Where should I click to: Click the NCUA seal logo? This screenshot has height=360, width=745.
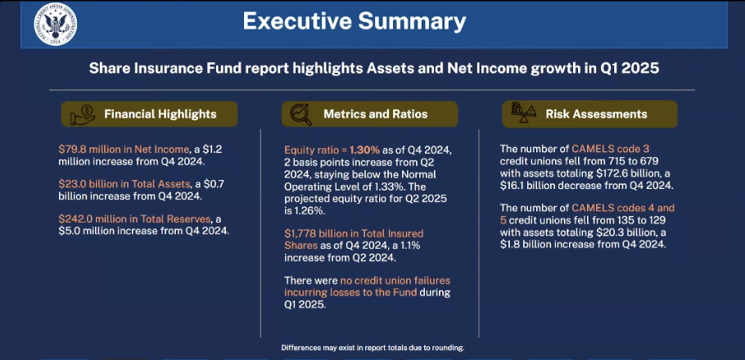click(x=55, y=25)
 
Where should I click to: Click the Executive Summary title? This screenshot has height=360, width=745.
click(x=354, y=22)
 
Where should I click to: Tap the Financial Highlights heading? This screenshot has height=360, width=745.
click(x=160, y=114)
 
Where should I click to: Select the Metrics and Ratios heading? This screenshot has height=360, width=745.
click(x=375, y=114)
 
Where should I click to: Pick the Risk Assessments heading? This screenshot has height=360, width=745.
click(x=596, y=114)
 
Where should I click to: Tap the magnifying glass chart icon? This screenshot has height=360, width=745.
click(x=301, y=115)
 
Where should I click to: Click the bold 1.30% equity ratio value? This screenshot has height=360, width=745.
click(x=364, y=150)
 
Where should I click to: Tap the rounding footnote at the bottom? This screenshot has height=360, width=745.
click(x=372, y=348)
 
